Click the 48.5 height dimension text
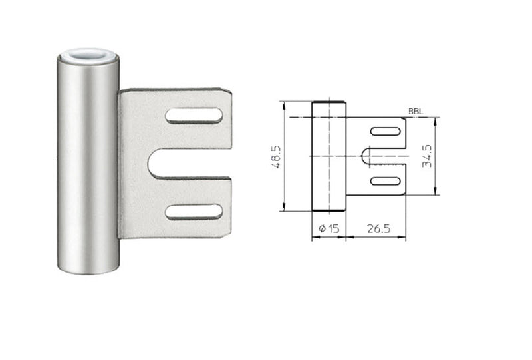pyautogui.click(x=277, y=157)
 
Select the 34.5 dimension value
pyautogui.click(x=427, y=156)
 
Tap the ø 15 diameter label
pyautogui.click(x=329, y=228)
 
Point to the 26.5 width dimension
pyautogui.click(x=378, y=228)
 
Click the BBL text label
pyautogui.click(x=416, y=111)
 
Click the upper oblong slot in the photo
pyautogui.click(x=194, y=116)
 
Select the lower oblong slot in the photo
pyautogui.click(x=194, y=212)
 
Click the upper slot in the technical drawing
pyautogui.click(x=385, y=132)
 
